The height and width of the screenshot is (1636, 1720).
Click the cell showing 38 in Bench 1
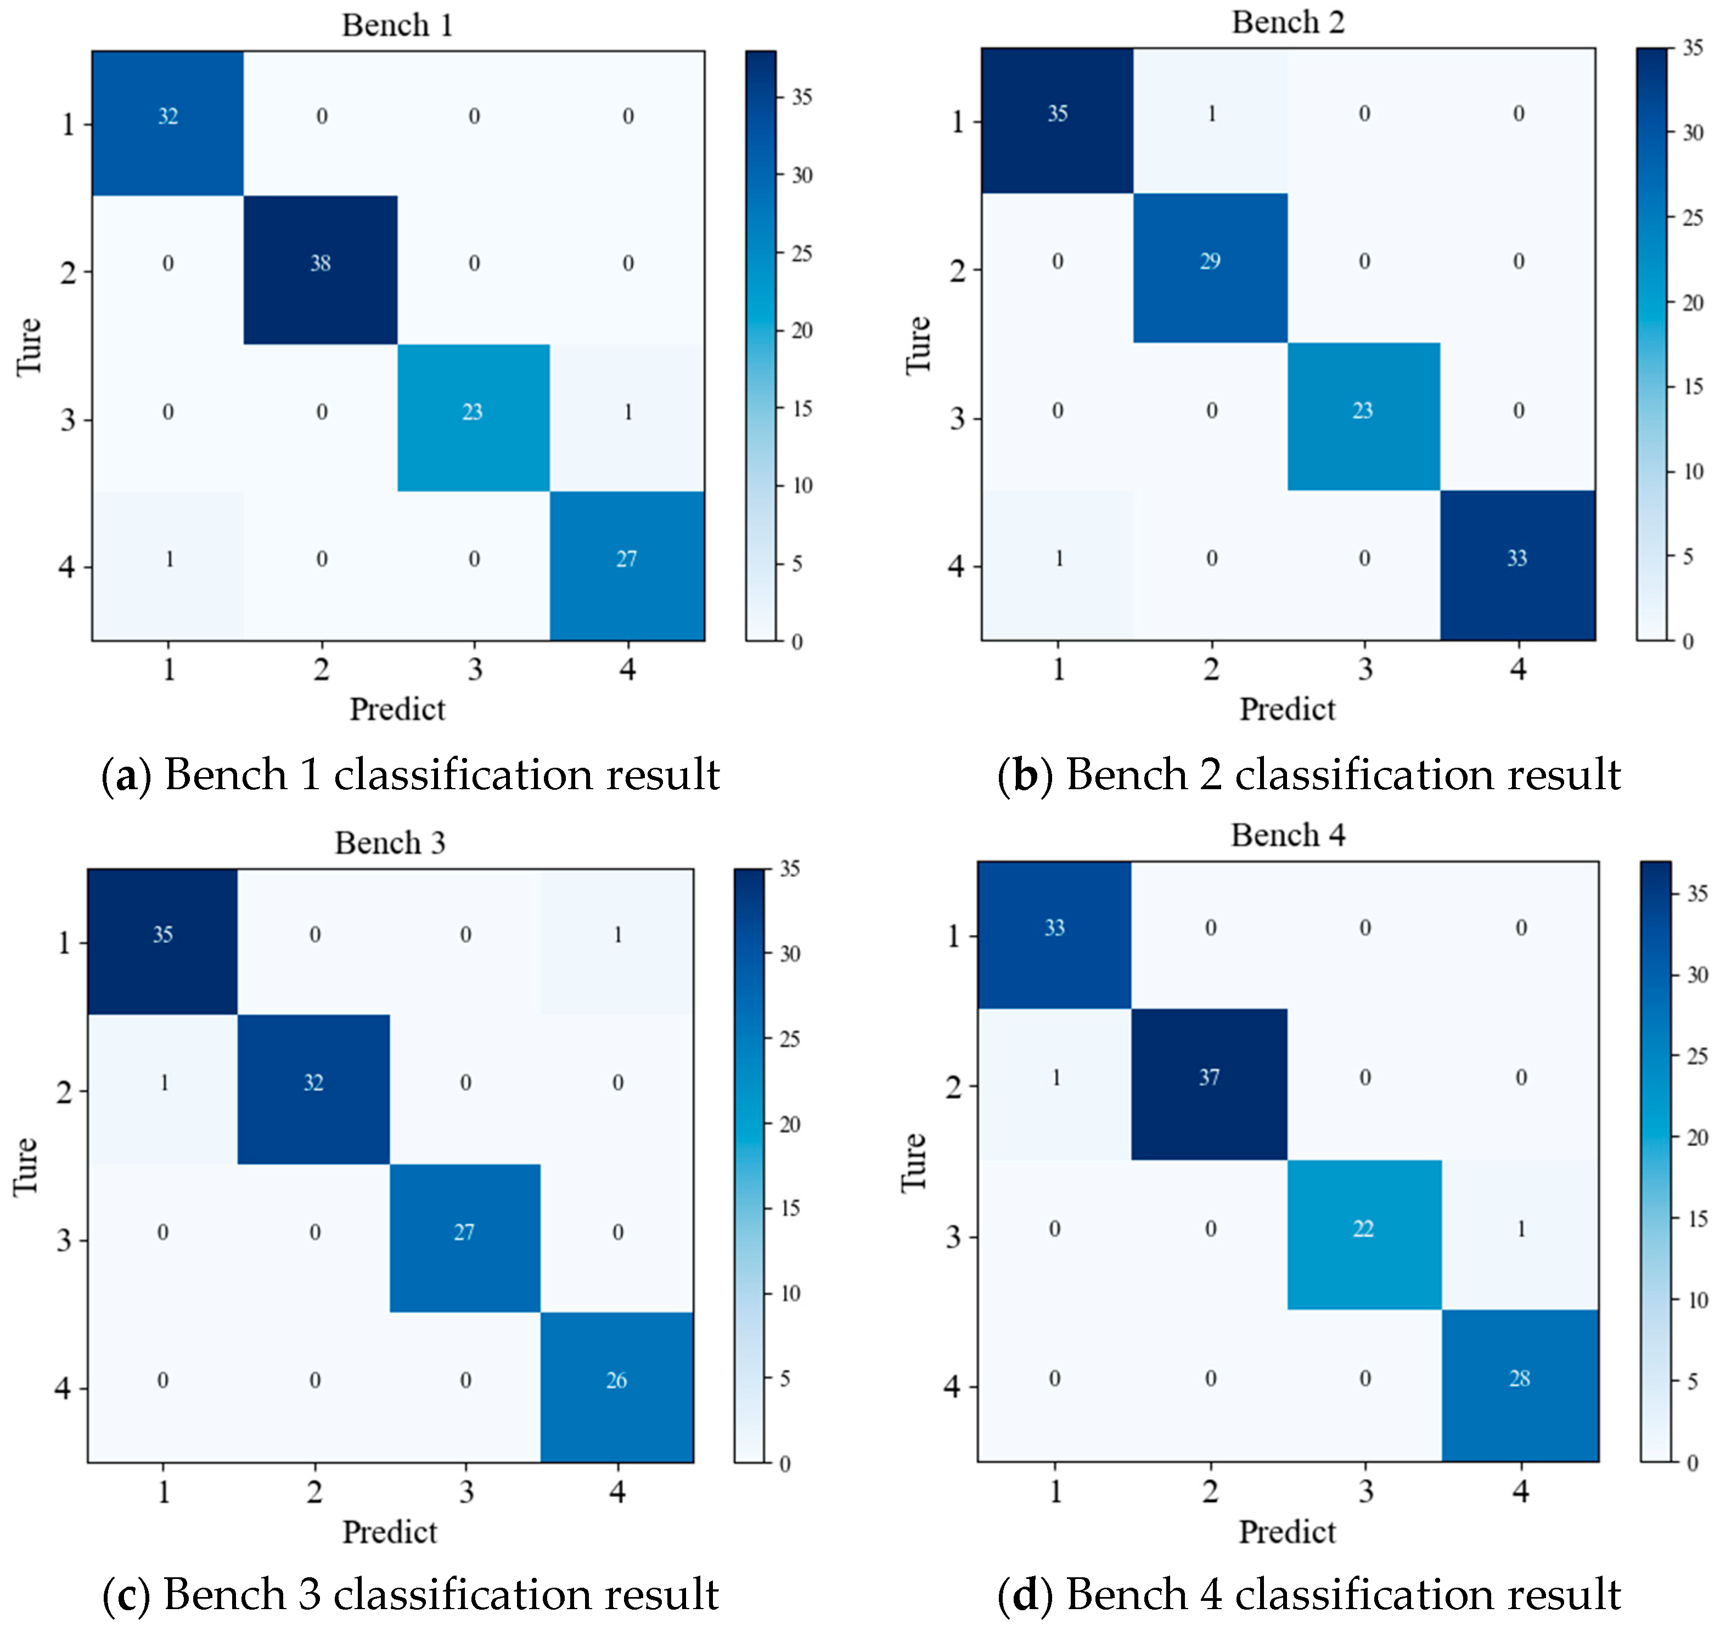[x=320, y=263]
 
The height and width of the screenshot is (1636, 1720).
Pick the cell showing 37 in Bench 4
[x=1209, y=1078]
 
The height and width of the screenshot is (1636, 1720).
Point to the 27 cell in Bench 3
[x=464, y=1232]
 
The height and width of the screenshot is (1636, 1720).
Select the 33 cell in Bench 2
[x=1517, y=558]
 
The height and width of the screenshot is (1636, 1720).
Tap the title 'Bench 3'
[x=390, y=844]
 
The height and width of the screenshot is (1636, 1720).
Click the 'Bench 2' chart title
[x=1288, y=23]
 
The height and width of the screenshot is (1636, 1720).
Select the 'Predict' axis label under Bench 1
[x=397, y=709]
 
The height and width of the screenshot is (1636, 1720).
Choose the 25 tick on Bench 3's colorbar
[x=789, y=1039]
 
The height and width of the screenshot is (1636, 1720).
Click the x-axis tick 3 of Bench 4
[x=1365, y=1491]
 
